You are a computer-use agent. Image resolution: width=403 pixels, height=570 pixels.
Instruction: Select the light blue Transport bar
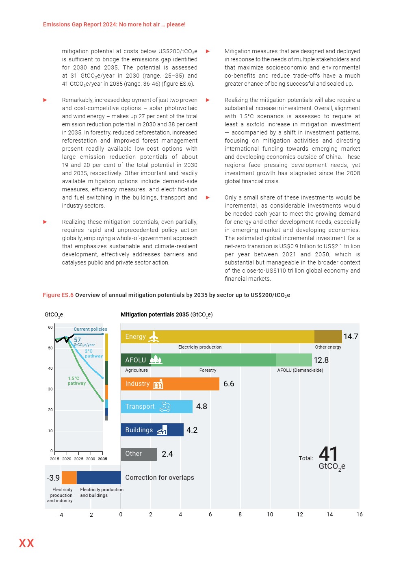[x=156, y=407]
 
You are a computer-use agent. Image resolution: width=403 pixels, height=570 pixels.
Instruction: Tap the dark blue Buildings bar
[x=152, y=430]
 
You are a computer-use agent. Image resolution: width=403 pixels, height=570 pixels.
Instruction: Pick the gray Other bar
[x=139, y=454]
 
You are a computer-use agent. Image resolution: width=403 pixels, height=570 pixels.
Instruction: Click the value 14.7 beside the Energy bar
[x=351, y=336]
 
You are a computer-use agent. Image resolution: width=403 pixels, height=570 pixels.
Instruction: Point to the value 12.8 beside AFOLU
[x=321, y=360]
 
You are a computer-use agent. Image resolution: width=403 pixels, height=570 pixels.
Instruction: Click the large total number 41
[x=328, y=454]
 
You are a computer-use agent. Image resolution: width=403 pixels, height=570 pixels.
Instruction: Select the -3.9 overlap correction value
[x=53, y=478]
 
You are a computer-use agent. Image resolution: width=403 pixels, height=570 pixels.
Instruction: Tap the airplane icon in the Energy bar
[x=154, y=337]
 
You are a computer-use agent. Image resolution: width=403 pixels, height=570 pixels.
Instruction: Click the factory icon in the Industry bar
[x=158, y=384]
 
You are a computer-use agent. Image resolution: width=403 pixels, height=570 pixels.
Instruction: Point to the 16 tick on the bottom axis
[x=360, y=514]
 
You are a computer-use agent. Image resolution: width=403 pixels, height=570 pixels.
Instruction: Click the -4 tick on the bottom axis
[x=61, y=515]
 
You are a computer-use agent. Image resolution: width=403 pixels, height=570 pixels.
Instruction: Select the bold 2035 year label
[x=102, y=459]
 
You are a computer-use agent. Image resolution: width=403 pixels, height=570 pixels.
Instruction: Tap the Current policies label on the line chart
[x=90, y=329]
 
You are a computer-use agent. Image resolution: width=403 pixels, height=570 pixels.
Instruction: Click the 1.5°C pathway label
[x=76, y=381]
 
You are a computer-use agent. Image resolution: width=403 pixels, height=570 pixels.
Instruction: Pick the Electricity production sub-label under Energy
[x=200, y=347]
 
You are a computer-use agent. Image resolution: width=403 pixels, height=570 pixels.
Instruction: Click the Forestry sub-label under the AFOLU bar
[x=208, y=370]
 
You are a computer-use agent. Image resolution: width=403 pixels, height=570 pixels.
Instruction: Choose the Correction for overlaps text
[x=159, y=478]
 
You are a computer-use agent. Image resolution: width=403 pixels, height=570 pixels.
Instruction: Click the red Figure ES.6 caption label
[x=58, y=295]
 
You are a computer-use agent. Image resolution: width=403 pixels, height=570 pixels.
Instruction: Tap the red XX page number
[x=26, y=543]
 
